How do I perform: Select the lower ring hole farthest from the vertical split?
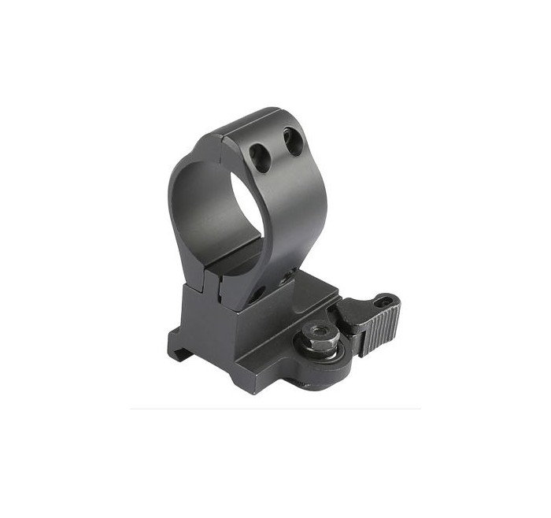pyautogui.click(x=288, y=273)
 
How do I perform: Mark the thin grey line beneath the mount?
pyautogui.click(x=275, y=408)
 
